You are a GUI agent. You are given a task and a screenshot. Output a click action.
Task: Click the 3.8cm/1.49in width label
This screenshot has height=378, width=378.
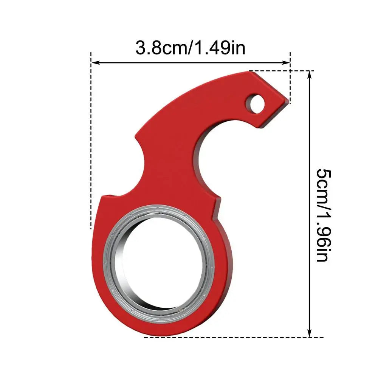[x=190, y=48]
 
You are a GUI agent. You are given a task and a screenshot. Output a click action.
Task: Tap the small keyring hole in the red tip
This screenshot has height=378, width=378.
[x=256, y=103]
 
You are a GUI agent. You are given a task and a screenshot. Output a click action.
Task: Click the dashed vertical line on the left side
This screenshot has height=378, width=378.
[x=91, y=151]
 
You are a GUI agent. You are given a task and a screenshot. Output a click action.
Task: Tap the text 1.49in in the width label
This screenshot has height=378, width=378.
[x=223, y=48]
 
